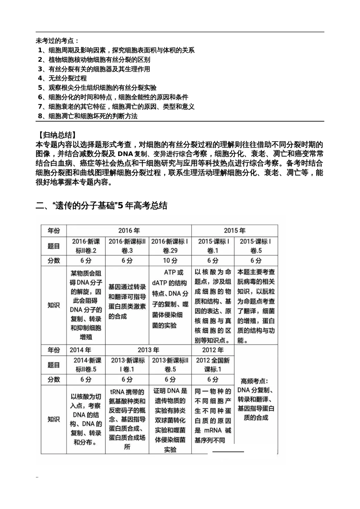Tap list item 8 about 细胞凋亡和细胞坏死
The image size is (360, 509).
coord(88,116)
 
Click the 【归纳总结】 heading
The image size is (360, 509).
coord(57,135)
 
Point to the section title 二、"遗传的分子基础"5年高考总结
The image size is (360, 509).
coord(102,206)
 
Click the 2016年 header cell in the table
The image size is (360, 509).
coord(129,230)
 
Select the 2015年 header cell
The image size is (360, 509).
coord(234,230)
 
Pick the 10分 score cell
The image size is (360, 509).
coord(170,261)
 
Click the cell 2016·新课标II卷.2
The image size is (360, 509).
coord(86,246)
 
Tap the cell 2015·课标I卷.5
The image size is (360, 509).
coord(256,246)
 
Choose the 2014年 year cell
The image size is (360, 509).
coord(80,350)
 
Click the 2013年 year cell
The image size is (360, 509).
coord(148,350)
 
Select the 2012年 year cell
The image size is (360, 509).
coord(213,350)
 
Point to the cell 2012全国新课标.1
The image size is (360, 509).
coord(213,365)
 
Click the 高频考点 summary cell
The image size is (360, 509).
coord(256,399)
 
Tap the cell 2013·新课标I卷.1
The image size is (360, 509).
coord(127,365)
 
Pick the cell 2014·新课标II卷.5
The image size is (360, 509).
coord(86,365)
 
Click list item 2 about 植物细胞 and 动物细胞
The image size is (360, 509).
coord(94,60)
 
